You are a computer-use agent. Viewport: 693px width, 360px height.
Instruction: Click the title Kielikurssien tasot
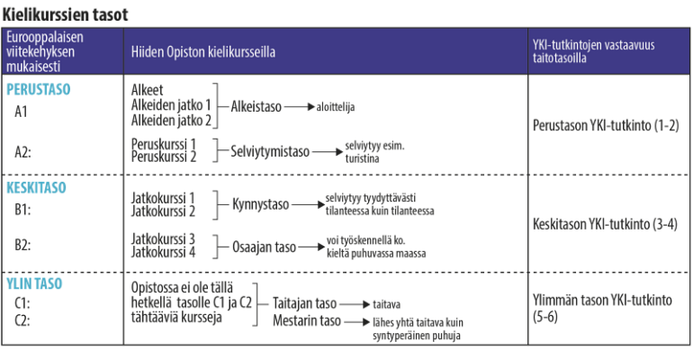pos(65,14)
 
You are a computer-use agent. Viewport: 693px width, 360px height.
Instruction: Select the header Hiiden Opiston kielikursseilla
pos(202,51)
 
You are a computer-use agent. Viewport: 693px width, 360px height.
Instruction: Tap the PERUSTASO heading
pos(39,89)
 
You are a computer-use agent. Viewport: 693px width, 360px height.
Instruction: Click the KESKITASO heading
pos(36,188)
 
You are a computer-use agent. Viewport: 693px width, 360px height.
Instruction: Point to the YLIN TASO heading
pos(34,283)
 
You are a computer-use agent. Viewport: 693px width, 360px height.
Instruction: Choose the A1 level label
pos(21,112)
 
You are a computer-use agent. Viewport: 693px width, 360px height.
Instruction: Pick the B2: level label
pos(22,245)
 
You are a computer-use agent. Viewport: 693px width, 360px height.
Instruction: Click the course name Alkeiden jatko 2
pos(171,120)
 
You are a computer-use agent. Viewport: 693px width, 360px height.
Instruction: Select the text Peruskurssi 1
pos(164,144)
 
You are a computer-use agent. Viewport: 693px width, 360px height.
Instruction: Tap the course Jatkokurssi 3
pos(163,239)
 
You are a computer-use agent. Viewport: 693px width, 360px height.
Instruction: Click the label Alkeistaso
pos(256,106)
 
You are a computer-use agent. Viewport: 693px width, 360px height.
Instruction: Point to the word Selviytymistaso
pos(270,151)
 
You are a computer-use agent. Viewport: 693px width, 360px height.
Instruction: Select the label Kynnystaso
pos(261,204)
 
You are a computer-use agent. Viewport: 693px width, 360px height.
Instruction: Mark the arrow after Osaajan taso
pos(312,247)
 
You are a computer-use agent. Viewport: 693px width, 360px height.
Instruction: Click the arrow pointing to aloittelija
pos(300,106)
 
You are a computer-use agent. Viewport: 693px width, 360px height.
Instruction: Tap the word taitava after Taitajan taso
pos(387,304)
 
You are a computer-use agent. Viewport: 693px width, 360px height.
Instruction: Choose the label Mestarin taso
pos(307,320)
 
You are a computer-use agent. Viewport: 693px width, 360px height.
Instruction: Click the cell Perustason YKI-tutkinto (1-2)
pos(606,125)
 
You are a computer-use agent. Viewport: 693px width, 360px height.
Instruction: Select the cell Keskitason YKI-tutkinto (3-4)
pos(605,224)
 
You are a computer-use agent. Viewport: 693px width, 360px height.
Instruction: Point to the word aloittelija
pos(336,107)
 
